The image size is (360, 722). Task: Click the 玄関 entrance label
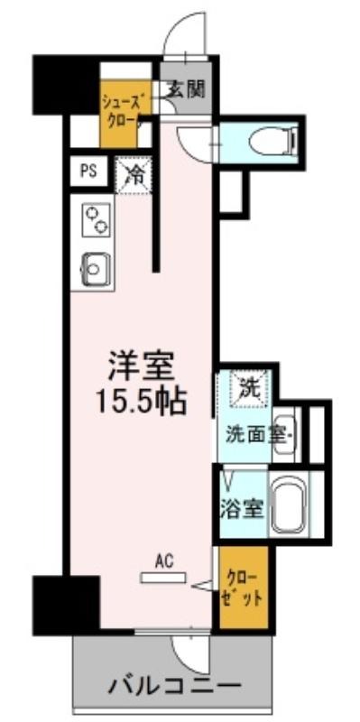[x=185, y=89]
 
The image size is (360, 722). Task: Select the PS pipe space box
[x=88, y=171]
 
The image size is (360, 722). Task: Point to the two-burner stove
[x=97, y=220]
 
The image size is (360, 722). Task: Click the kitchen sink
[x=96, y=269]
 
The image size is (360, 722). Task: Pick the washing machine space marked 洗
[x=251, y=389]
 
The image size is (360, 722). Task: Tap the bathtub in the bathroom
[x=289, y=505]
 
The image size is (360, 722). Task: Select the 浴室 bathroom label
[x=241, y=508]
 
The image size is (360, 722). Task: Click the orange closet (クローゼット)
[x=243, y=588]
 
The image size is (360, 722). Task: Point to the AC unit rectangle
[x=164, y=578]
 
